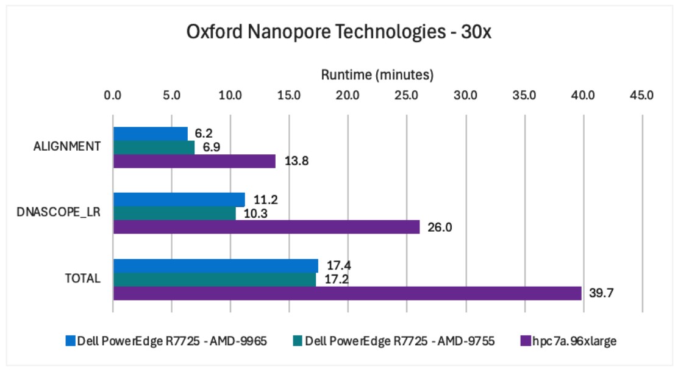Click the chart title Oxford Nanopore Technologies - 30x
[338, 32]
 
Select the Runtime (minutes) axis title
[377, 75]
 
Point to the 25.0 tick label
[407, 95]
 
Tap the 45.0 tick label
[641, 95]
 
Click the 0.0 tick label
[112, 95]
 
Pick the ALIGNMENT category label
[67, 146]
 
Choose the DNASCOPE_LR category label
[59, 212]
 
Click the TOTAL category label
[82, 278]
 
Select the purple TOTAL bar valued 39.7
[347, 293]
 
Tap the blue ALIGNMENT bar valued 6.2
[151, 134]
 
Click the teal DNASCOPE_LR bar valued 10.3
[174, 213]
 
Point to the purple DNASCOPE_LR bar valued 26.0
[266, 227]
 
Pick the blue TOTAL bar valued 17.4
[216, 266]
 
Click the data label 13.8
[296, 161]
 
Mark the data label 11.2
[265, 199]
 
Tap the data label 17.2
[337, 279]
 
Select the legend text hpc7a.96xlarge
[574, 342]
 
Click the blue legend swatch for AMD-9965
[71, 341]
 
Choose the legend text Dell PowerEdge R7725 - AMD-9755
[399, 342]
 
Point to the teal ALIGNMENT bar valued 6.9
[154, 148]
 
